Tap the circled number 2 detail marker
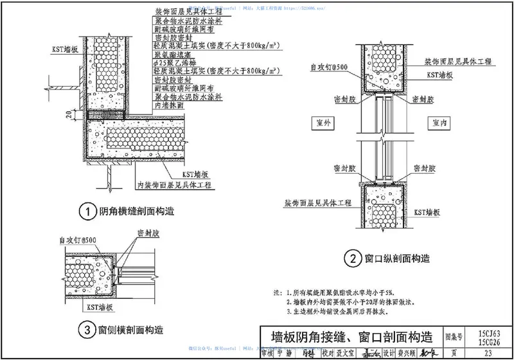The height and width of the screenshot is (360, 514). pyautogui.click(x=352, y=260)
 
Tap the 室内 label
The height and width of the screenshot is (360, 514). pyautogui.click(x=441, y=122)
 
